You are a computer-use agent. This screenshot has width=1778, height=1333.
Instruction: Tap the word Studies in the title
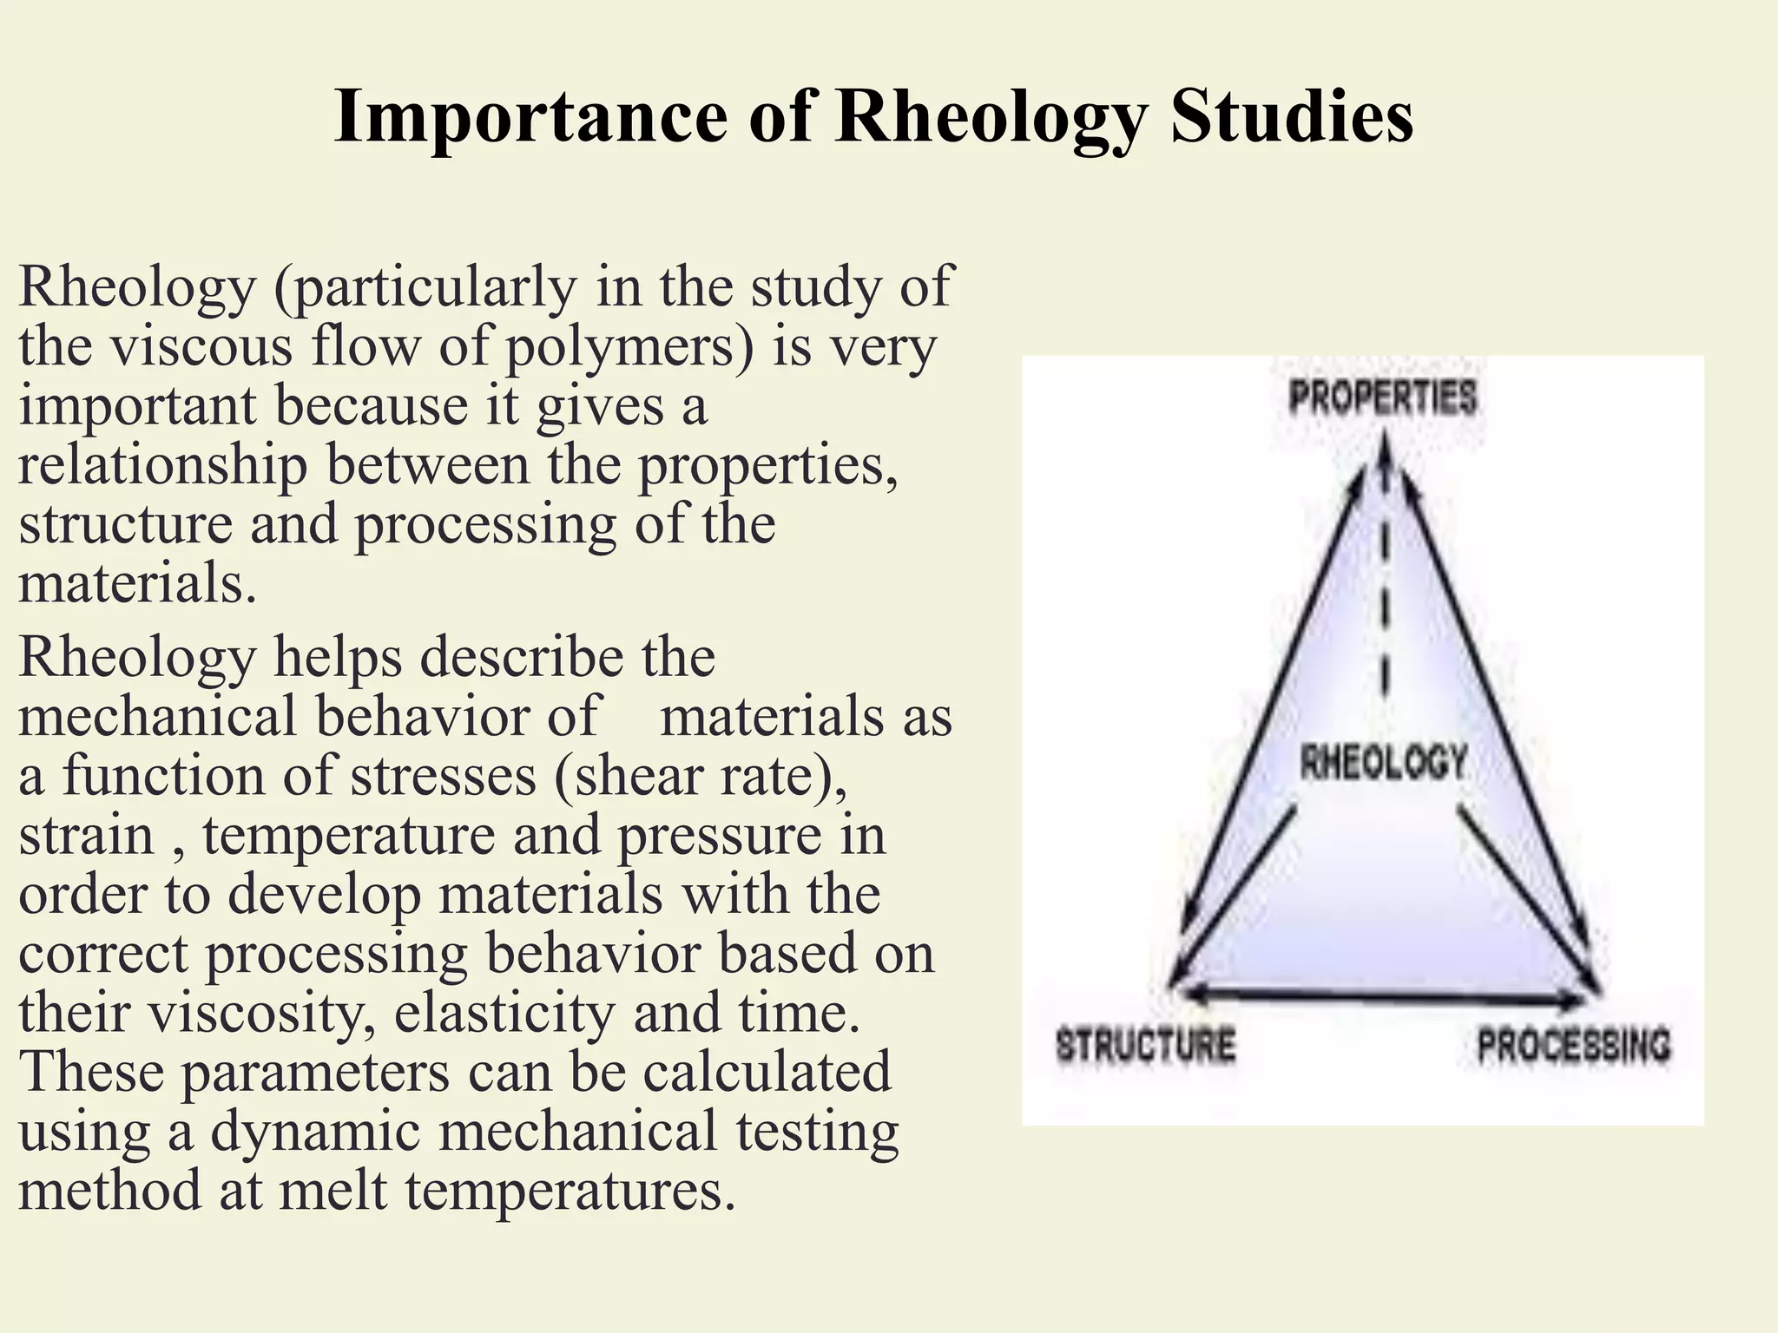tap(1292, 117)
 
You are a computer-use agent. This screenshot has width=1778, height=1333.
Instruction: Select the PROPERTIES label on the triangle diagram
tap(1383, 397)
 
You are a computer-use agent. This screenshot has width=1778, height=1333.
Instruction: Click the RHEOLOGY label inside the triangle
tap(1383, 763)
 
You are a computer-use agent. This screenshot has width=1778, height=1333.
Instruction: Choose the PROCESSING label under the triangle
tap(1573, 1044)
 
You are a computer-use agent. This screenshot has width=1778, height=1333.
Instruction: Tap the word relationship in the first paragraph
tap(163, 465)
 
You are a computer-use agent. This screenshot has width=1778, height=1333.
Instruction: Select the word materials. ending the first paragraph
tap(137, 583)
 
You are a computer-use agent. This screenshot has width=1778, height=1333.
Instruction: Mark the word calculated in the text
tap(767, 1071)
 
